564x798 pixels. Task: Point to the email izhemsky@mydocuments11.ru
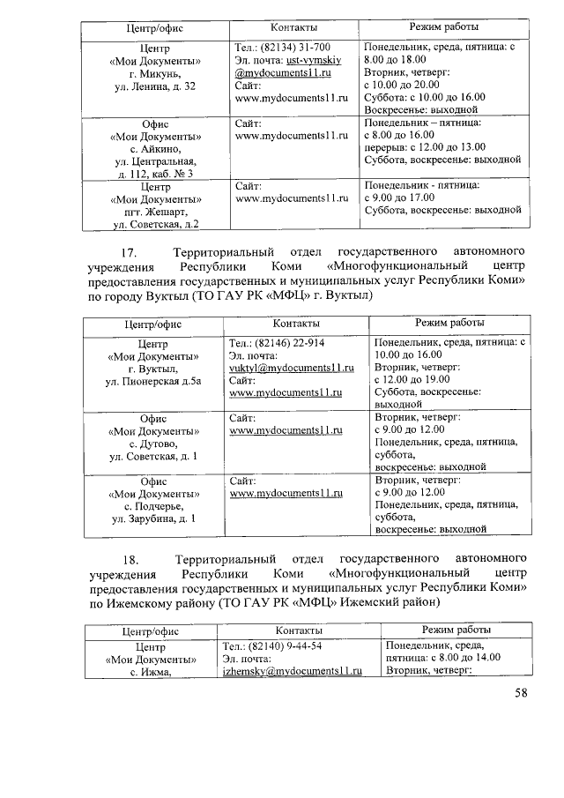point(293,671)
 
